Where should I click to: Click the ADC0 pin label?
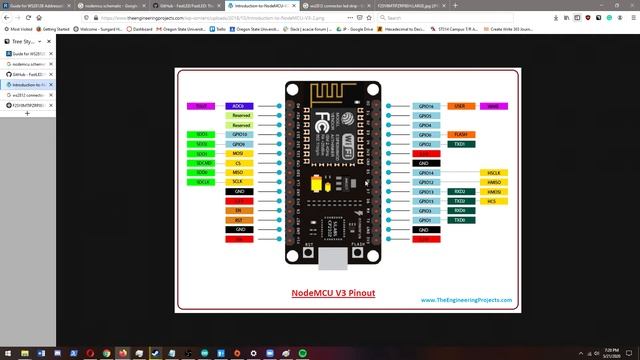coord(239,105)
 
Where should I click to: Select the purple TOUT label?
coord(201,105)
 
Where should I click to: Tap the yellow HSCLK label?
coord(493,172)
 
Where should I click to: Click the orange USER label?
coord(460,105)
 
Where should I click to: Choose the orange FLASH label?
coord(460,134)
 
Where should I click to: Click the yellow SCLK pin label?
coord(238,181)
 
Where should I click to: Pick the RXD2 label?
coord(460,191)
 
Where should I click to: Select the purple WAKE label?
coord(493,105)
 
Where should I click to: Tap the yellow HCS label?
coord(493,201)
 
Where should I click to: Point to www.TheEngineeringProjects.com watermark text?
coord(473,299)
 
